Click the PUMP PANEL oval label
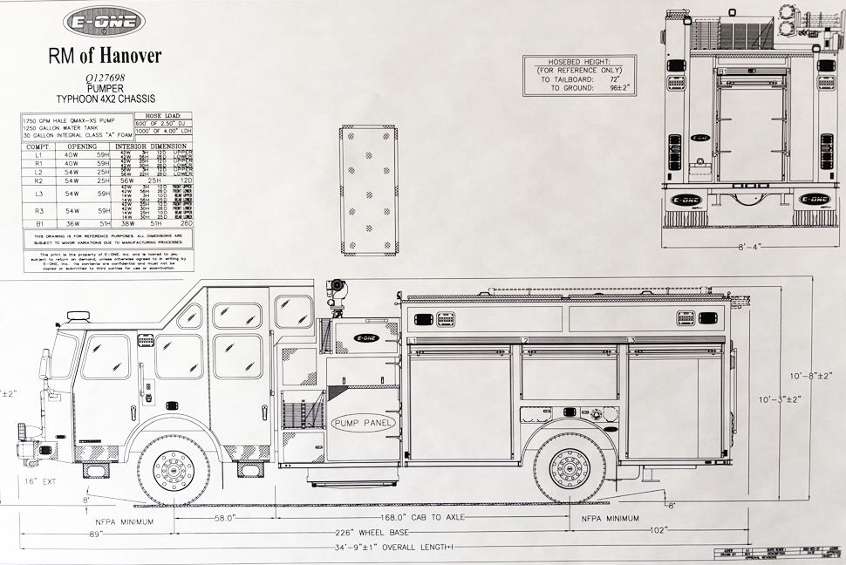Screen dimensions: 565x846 click(x=364, y=422)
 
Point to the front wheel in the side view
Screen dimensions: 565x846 click(x=174, y=470)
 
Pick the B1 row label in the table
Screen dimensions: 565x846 click(x=38, y=224)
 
